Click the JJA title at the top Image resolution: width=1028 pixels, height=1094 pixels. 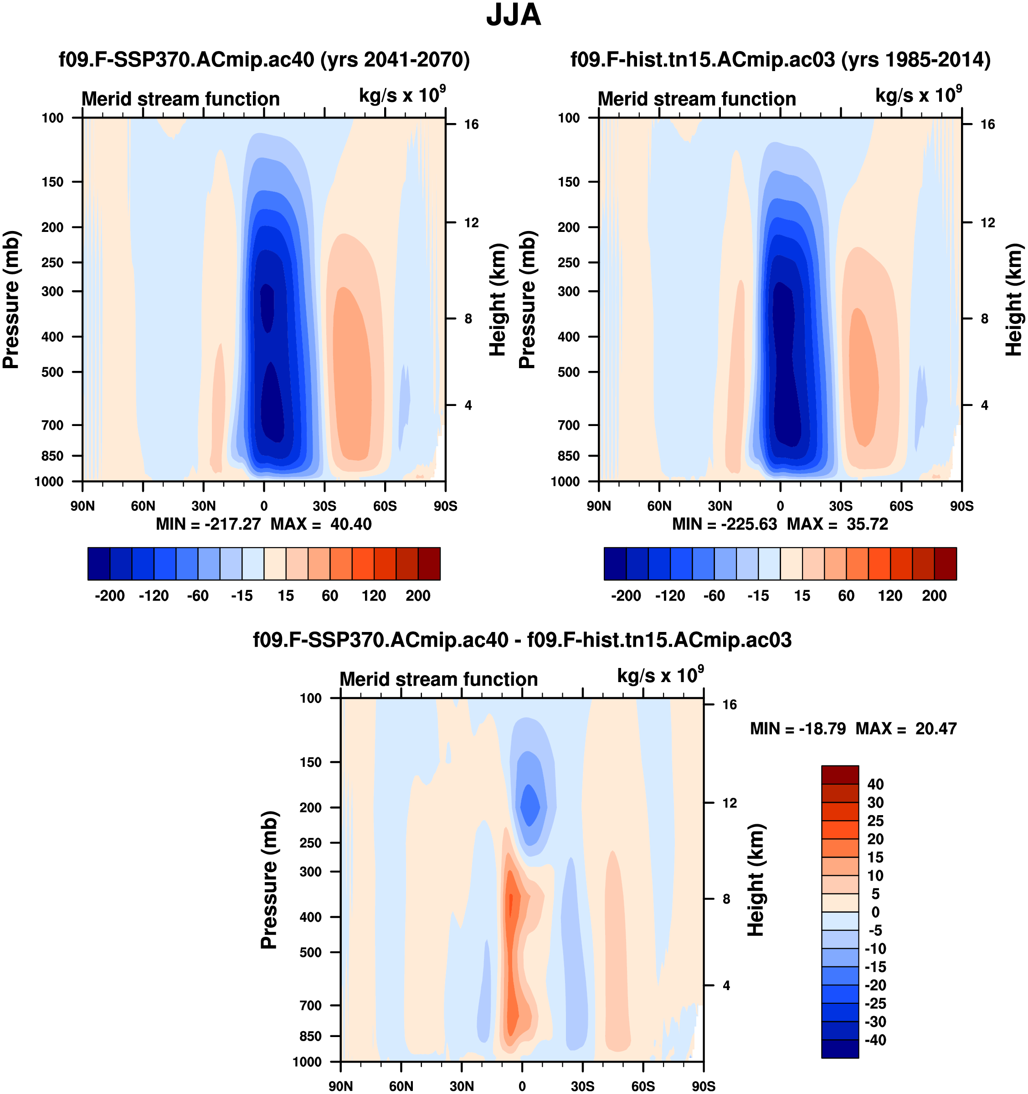[514, 15]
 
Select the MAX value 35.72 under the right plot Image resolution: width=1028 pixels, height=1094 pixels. [867, 524]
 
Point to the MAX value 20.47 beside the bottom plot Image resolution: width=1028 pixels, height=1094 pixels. [936, 729]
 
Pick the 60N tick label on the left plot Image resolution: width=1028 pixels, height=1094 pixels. [143, 506]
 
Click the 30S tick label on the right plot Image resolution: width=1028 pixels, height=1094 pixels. [840, 506]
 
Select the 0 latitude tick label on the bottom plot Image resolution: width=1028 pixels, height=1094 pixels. [522, 1086]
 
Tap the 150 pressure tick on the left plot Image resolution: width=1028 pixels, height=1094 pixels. [52, 182]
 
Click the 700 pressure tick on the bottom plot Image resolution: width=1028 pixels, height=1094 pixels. [310, 1006]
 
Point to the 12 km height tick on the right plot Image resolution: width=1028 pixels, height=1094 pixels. [988, 223]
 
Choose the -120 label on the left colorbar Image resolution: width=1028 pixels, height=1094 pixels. [154, 596]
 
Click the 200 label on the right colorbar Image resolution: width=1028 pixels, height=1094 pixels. [934, 596]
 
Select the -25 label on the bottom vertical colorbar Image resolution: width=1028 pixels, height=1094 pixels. [875, 1003]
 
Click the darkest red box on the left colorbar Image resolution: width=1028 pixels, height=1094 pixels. [429, 564]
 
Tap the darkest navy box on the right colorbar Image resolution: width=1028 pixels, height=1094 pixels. [615, 564]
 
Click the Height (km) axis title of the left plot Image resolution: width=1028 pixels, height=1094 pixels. [497, 300]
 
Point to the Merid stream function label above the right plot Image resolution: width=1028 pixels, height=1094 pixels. [697, 99]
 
